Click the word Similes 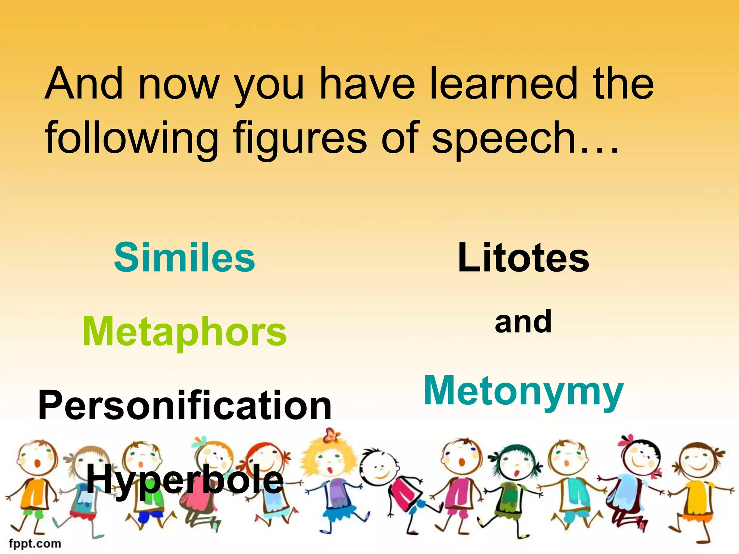pyautogui.click(x=184, y=258)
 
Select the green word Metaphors pyautogui.click(x=184, y=332)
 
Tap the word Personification pyautogui.click(x=184, y=405)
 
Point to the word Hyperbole pyautogui.click(x=184, y=480)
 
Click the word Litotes pyautogui.click(x=523, y=258)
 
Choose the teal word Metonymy pyautogui.click(x=523, y=392)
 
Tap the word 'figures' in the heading pyautogui.click(x=299, y=138)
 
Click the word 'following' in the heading pyautogui.click(x=131, y=138)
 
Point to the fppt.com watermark pyautogui.click(x=35, y=543)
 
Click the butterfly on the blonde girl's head pyautogui.click(x=331, y=435)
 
